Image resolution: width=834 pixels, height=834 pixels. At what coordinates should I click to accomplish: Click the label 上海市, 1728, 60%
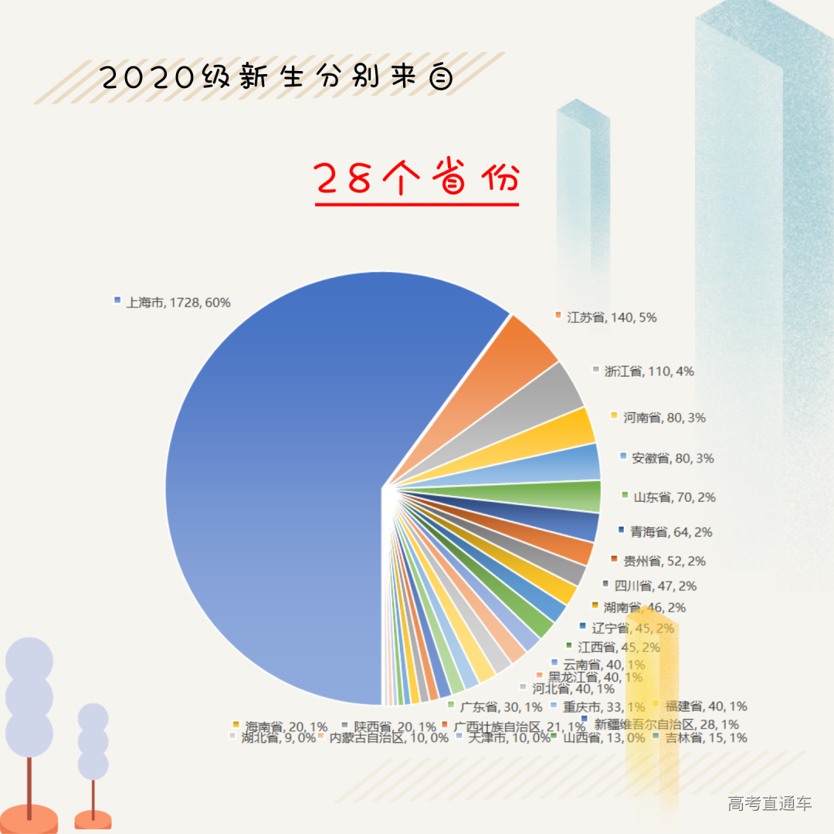(178, 303)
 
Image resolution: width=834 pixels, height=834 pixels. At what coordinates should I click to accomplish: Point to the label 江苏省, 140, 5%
(611, 317)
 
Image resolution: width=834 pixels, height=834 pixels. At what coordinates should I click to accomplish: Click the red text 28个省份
(417, 179)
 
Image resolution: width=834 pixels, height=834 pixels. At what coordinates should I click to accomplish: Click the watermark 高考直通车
(770, 804)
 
